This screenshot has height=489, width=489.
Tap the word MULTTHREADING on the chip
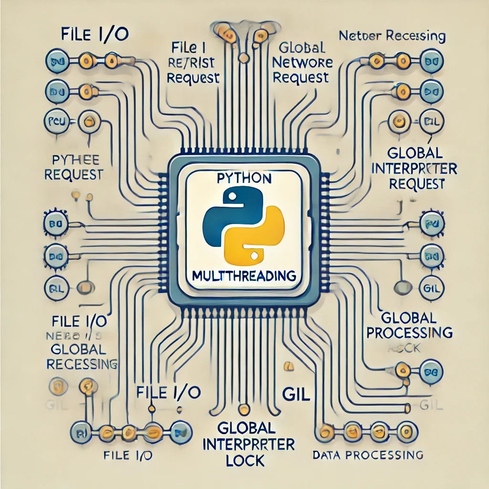click(244, 276)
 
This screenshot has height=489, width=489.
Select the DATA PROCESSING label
click(368, 455)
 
